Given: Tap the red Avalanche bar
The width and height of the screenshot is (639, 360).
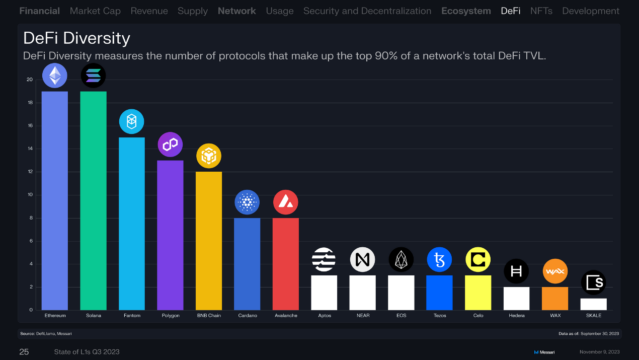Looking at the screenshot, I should [285, 264].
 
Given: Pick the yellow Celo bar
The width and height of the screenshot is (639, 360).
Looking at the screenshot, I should [478, 293].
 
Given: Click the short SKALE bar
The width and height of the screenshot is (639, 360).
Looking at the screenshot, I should [593, 304].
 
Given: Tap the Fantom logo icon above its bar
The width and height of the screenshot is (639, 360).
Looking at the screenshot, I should [131, 121].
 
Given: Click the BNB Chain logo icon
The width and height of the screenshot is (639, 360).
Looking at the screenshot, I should [208, 156].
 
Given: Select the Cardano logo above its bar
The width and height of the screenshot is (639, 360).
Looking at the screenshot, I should [247, 202].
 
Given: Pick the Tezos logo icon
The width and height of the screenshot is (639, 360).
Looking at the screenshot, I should [439, 260].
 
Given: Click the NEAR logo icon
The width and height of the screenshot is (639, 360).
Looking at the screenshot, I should [362, 260].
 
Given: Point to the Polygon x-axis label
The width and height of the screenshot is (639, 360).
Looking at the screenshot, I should [170, 316].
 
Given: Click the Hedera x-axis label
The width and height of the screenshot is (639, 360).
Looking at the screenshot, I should [516, 316].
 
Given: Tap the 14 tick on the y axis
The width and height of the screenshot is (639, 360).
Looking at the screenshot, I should [30, 149].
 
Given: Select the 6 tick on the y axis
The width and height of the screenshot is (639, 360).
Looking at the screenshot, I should [31, 241].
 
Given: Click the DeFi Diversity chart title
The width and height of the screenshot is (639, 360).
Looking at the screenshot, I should [76, 38].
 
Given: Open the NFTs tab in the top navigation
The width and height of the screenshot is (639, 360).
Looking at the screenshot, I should [541, 11].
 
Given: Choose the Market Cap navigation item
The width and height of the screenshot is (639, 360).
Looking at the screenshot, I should [95, 11].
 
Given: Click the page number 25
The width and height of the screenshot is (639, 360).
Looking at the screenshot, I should [24, 351].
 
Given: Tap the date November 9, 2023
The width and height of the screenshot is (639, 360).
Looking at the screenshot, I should [599, 351].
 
